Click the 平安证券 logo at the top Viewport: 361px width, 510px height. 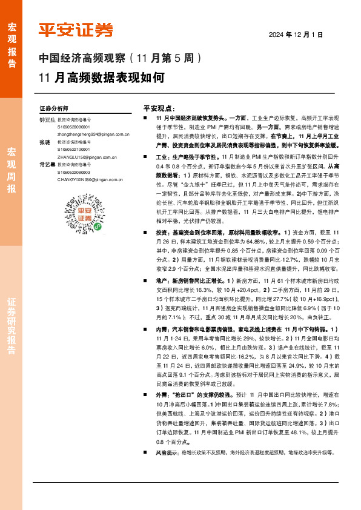click(x=75, y=30)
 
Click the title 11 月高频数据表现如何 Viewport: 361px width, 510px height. click(x=101, y=78)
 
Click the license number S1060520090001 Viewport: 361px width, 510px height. click(x=73, y=128)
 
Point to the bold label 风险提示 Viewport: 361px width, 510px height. click(x=166, y=452)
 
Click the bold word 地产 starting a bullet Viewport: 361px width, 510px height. click(x=161, y=281)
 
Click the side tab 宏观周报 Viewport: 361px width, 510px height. click(x=12, y=170)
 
